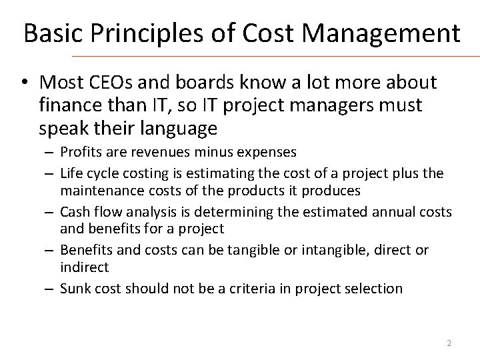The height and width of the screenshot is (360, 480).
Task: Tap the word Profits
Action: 79,152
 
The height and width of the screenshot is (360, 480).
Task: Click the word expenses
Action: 265,152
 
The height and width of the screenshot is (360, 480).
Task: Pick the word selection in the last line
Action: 379,289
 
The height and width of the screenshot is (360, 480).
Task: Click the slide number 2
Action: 449,343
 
